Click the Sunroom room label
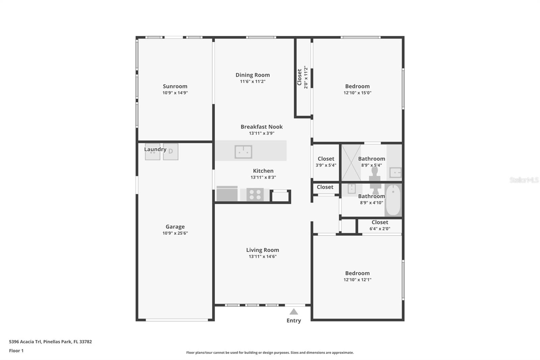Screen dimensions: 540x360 click(175, 86)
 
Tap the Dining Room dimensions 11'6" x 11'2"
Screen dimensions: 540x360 click(253, 81)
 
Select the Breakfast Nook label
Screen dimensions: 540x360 click(262, 127)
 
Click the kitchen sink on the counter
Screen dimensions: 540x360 click(243, 152)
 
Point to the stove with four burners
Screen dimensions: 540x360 click(255, 195)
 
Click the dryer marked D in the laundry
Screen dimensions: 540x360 click(171, 152)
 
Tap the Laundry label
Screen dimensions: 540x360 click(155, 149)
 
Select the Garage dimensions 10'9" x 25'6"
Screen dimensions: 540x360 click(175, 233)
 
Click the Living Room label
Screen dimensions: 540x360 click(263, 250)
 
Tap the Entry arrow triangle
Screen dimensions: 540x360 click(294, 312)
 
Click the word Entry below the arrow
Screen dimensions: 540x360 click(294, 321)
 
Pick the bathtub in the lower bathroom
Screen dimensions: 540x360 click(393, 200)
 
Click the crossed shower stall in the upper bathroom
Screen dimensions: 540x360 click(351, 162)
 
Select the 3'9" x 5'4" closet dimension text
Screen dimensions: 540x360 click(326, 165)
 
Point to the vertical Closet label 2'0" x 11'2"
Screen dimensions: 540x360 click(302, 77)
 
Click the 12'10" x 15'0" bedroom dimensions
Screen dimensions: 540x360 click(357, 93)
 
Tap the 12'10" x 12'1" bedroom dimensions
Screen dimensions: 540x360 click(357, 280)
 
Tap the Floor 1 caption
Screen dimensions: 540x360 click(16, 351)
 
